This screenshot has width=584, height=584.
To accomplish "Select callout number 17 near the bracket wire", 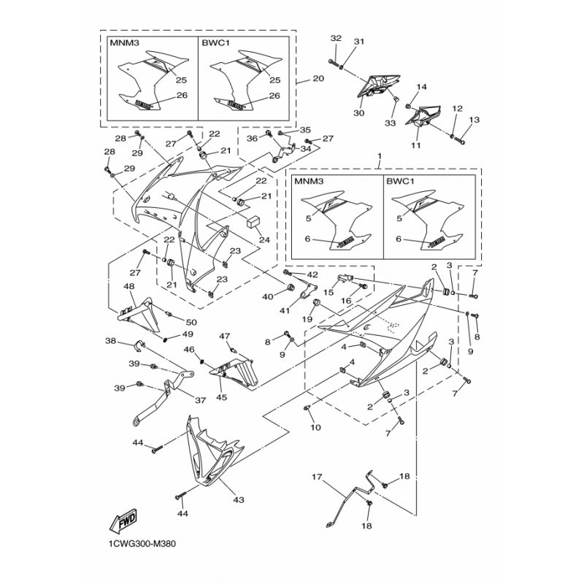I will click(x=318, y=477).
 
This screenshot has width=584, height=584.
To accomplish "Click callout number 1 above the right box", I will click(x=379, y=157).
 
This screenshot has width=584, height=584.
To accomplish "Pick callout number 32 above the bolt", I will click(x=335, y=38).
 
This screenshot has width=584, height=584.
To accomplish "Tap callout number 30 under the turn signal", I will click(x=358, y=113).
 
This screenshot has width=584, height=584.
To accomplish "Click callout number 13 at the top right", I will click(x=474, y=120).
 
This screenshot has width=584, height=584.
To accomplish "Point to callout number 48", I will click(x=129, y=287).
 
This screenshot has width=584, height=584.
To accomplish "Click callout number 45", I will click(x=220, y=398).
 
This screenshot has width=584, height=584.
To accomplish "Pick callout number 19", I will click(x=308, y=319).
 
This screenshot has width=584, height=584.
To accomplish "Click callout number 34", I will click(x=305, y=148).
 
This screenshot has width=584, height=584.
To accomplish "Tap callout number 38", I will click(x=110, y=341).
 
